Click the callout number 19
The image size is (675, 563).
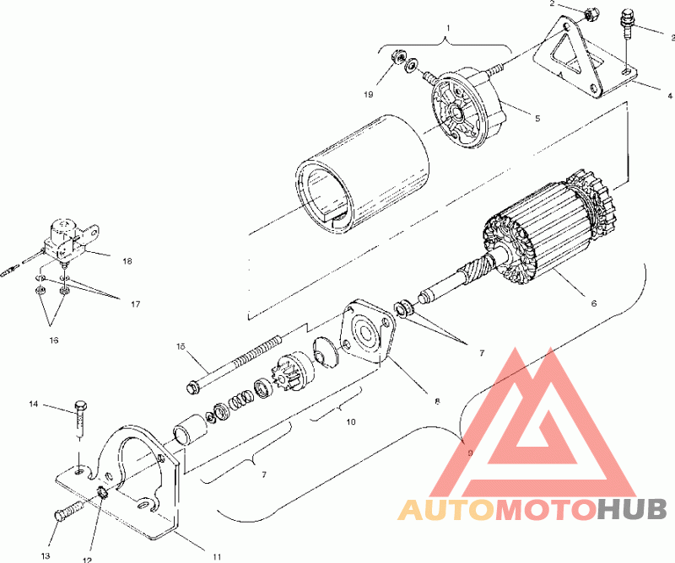click(369, 94)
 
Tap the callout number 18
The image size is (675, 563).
click(127, 261)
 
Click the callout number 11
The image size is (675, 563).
click(217, 556)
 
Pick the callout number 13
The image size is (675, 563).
click(46, 556)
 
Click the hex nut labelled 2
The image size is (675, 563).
click(590, 15)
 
